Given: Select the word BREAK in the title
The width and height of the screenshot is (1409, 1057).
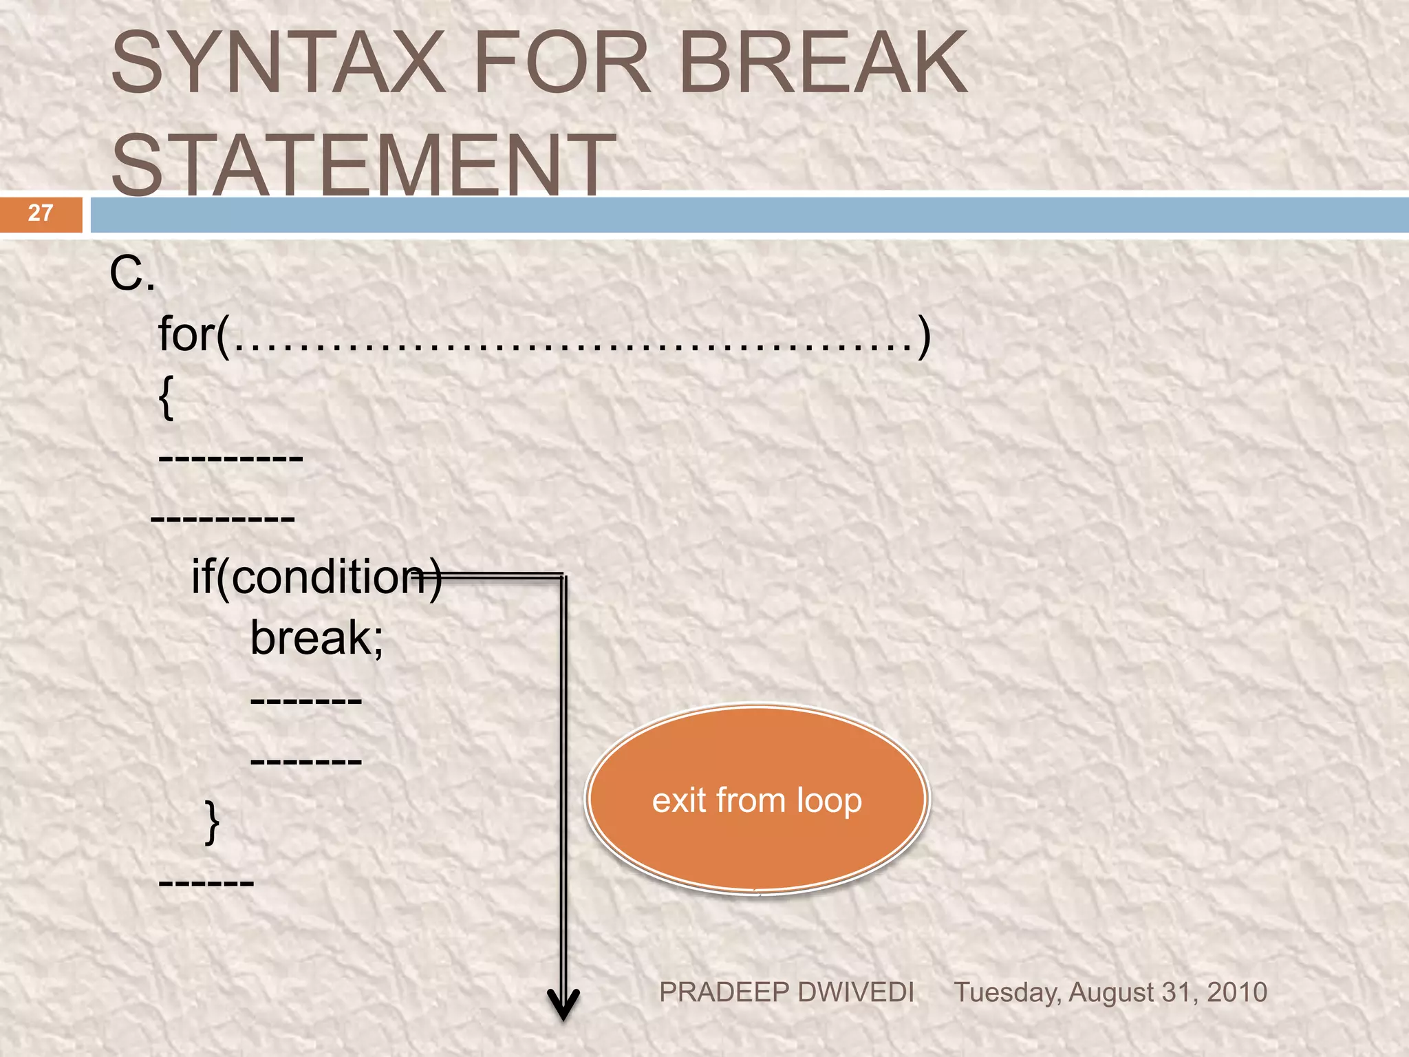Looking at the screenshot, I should [823, 63].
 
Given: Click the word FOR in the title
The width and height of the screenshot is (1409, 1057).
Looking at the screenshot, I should [561, 63].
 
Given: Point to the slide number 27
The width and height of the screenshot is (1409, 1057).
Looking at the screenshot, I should [41, 213].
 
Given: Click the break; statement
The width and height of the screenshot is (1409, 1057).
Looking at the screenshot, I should [316, 638].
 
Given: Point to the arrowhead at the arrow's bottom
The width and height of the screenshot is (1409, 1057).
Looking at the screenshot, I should [563, 1006].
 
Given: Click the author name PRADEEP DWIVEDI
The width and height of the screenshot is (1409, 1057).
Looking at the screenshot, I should [786, 992].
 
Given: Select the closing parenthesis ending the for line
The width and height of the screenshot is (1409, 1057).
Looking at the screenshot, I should [924, 336].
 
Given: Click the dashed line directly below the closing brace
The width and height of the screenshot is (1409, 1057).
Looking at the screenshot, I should [206, 882].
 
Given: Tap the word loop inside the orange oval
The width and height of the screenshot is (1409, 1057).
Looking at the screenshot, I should [829, 801].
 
